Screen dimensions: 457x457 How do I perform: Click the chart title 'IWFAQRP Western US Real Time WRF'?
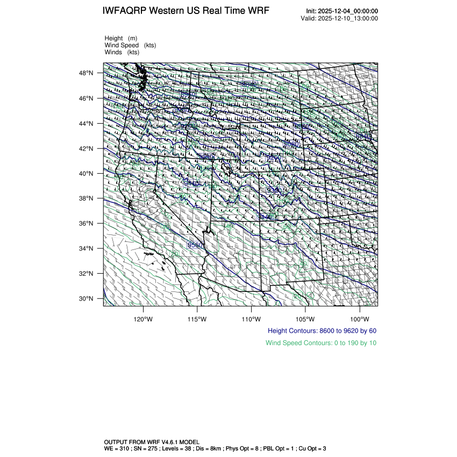click(186, 11)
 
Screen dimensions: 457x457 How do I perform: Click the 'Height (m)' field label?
click(121, 38)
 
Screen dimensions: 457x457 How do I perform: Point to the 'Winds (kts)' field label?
click(122, 52)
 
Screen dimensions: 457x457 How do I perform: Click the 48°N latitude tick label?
click(88, 73)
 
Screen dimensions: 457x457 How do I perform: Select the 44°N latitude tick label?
click(88, 123)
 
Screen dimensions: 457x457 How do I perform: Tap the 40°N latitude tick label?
click(88, 173)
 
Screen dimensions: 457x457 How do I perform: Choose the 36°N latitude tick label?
click(88, 223)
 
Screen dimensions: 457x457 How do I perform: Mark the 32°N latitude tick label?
click(88, 273)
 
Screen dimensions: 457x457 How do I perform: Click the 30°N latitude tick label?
click(88, 298)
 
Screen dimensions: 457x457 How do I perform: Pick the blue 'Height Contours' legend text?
click(322, 331)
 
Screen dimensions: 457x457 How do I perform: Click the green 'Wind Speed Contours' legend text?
click(320, 343)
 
